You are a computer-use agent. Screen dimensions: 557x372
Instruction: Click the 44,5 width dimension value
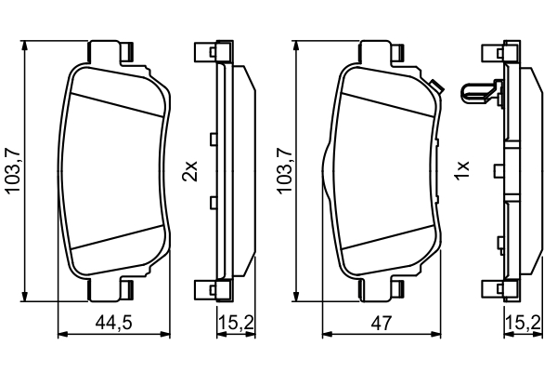[x=113, y=323]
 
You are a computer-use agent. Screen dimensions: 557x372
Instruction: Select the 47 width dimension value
[x=382, y=323]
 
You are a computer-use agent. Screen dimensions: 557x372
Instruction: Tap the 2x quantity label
[x=189, y=171]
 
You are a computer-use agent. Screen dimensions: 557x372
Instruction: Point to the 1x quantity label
[x=463, y=171]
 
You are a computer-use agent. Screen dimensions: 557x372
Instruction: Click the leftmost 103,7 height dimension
[x=15, y=171]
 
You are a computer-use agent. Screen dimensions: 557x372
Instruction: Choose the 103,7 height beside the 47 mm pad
[x=285, y=171]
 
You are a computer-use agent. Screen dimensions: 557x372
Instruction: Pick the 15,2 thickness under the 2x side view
[x=236, y=323]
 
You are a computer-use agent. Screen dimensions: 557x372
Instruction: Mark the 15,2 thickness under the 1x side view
[x=524, y=323]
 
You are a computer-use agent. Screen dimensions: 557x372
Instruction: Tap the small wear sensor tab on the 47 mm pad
[x=435, y=86]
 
